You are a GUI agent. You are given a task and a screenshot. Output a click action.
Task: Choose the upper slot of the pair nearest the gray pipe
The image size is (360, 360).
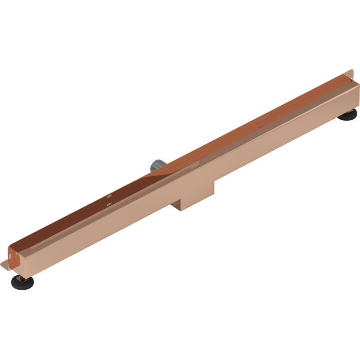[x=110, y=196]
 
